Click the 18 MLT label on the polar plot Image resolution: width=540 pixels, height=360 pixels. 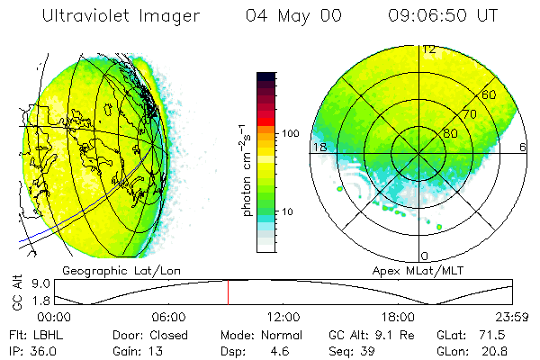coord(319,146)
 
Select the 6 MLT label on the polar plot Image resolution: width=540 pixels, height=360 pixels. coord(523,146)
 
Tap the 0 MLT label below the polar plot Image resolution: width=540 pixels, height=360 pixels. coord(424,256)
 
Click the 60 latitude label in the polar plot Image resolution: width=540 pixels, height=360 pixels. coord(489,94)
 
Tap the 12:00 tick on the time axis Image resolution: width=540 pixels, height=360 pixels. coord(283,317)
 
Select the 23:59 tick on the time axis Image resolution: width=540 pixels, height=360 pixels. coord(515,317)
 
